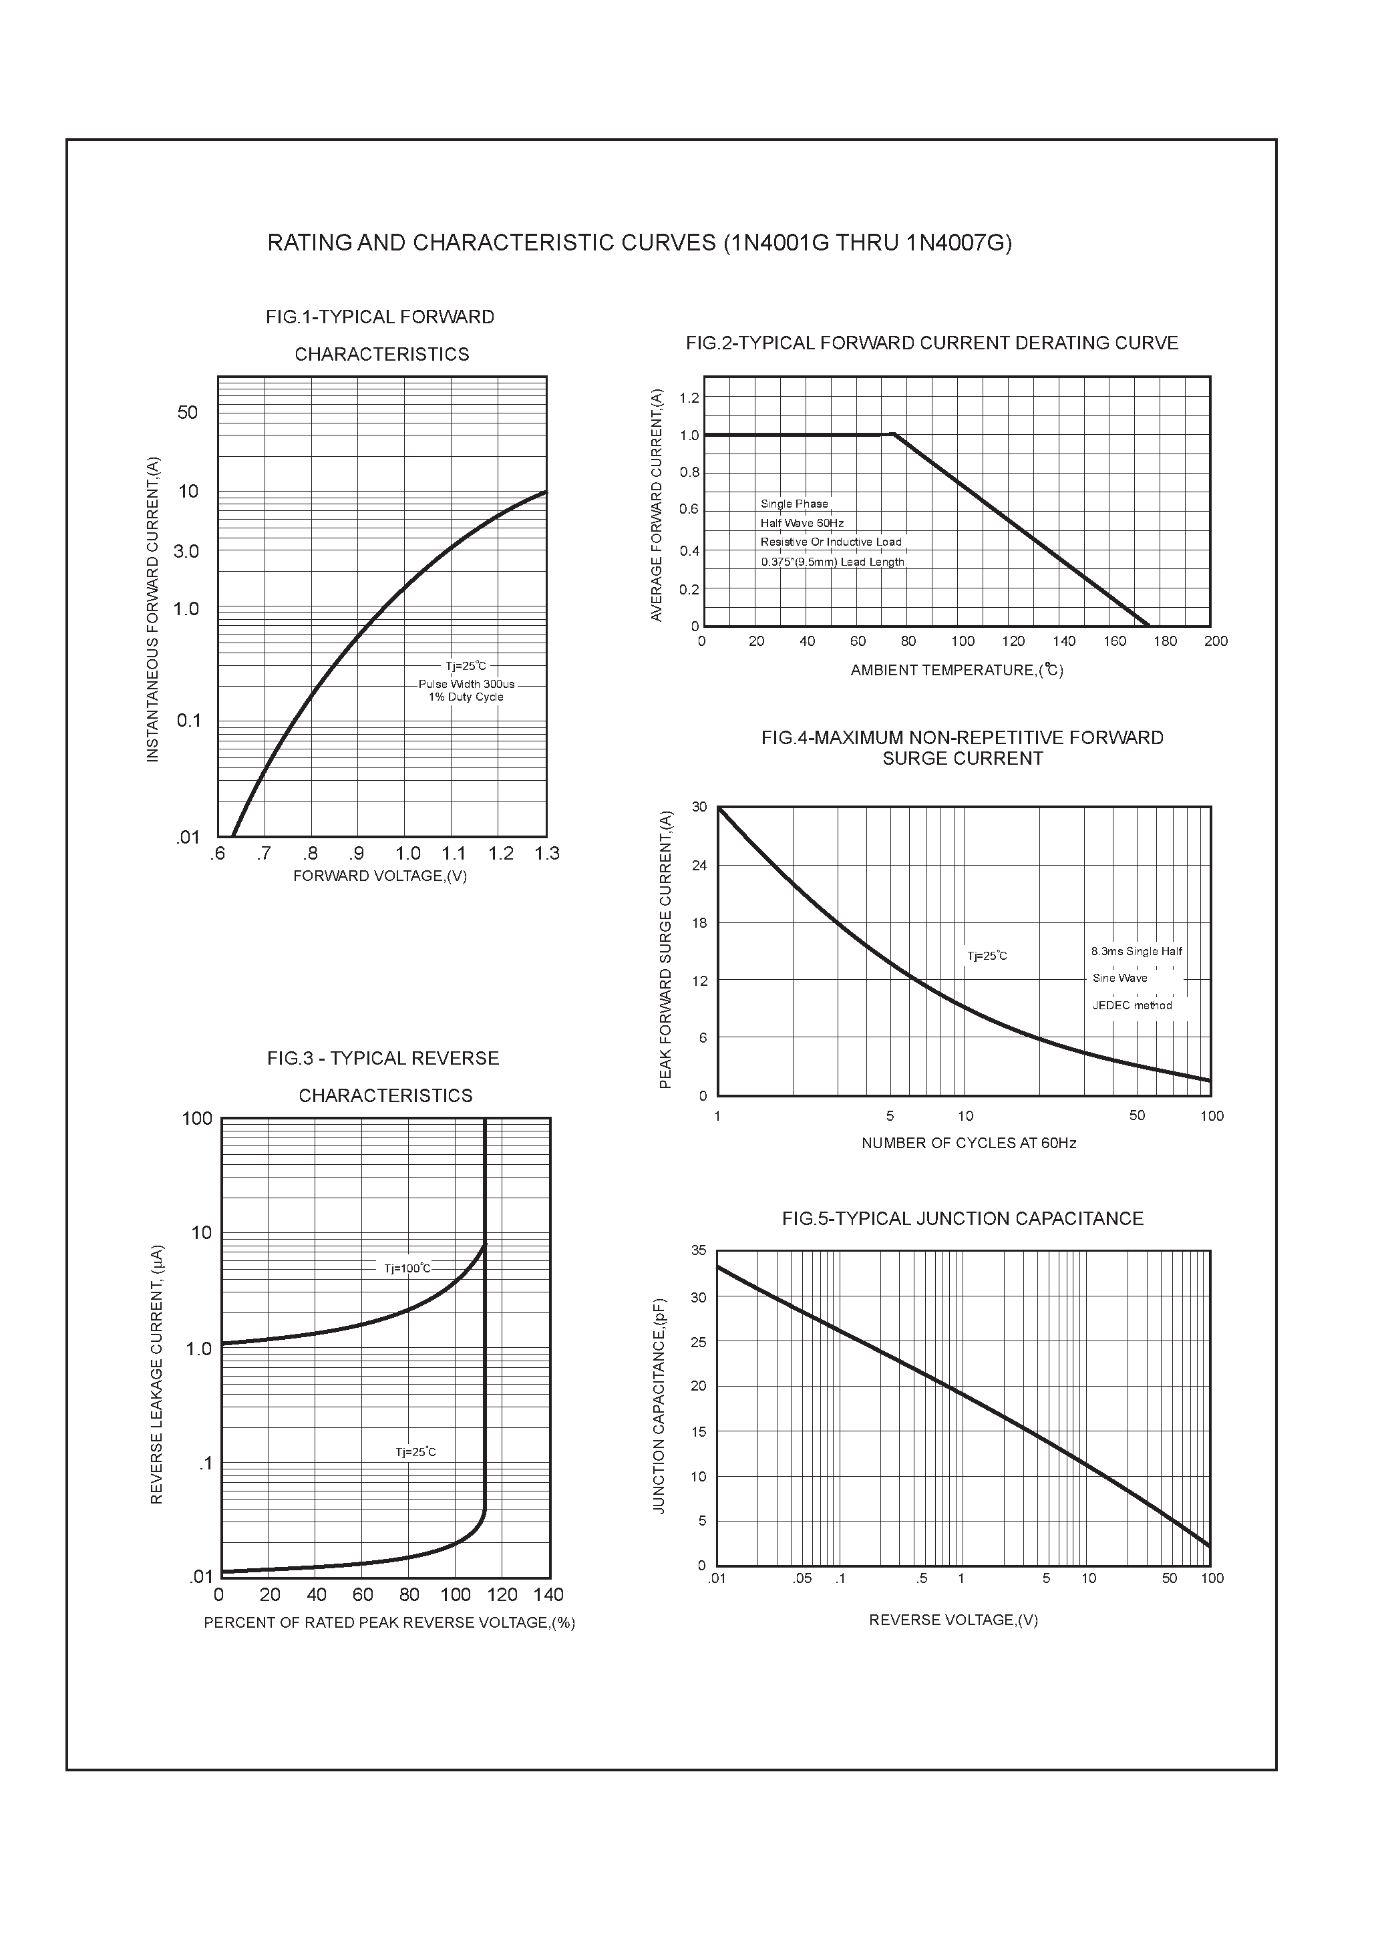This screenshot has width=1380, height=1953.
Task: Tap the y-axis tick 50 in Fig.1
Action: tap(187, 413)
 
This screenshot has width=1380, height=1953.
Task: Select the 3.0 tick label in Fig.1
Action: tap(186, 551)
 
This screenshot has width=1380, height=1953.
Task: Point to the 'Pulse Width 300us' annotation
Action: tap(466, 684)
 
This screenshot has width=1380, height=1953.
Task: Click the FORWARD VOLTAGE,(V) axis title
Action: tap(379, 876)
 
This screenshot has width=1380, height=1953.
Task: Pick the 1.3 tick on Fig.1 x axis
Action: tap(547, 853)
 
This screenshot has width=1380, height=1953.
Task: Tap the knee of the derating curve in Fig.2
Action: tap(893, 435)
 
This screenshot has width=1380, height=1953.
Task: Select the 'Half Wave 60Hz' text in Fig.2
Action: tap(802, 523)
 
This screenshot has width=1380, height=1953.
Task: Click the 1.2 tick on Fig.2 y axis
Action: tap(689, 398)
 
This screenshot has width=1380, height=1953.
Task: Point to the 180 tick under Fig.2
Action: tap(1165, 641)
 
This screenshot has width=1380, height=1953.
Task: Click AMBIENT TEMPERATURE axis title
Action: tap(957, 671)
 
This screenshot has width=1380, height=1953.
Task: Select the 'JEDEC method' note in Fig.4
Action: tap(1132, 1005)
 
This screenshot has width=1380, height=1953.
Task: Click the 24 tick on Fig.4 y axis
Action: tap(699, 865)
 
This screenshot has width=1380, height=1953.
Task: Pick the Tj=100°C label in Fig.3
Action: tap(407, 1268)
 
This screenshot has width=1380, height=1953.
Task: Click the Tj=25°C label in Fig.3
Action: tap(415, 1452)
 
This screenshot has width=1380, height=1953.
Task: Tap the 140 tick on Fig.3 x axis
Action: tap(549, 1595)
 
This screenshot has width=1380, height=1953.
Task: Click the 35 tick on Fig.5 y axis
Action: tap(699, 1250)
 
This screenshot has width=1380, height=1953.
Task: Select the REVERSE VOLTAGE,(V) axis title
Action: tap(953, 1620)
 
